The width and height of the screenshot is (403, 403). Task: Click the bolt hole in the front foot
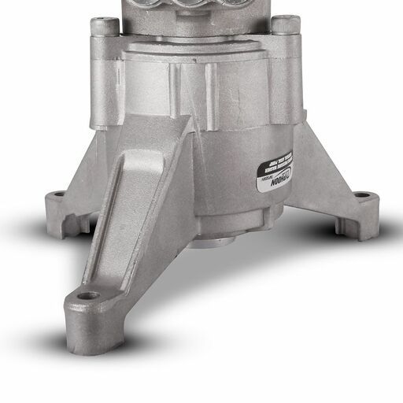89,296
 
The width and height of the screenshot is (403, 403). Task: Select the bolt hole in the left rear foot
57,194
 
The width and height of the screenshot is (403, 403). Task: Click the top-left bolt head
104,25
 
